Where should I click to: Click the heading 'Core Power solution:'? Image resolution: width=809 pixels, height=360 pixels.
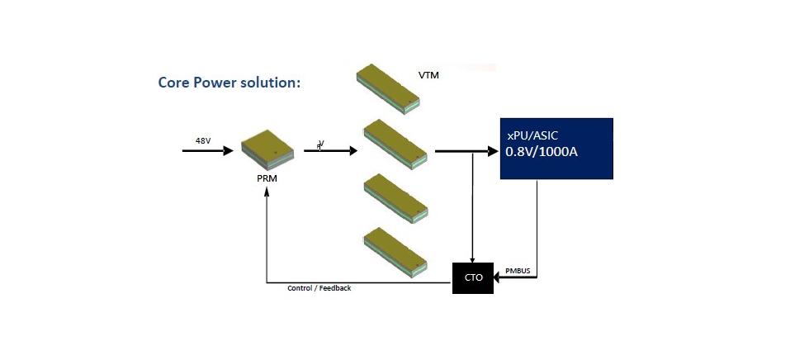coord(229,84)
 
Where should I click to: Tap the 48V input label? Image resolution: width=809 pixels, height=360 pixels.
coord(203,140)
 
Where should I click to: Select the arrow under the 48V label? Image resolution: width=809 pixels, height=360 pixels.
coord(208,151)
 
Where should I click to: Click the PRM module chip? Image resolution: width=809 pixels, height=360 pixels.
coord(268,148)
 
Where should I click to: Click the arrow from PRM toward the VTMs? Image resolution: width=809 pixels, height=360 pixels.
coord(330,151)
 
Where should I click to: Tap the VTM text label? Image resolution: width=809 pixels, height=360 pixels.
coord(428,77)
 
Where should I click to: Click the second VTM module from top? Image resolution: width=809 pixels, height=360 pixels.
coord(395,144)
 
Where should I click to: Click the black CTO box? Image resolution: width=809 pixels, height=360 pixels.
coord(472,277)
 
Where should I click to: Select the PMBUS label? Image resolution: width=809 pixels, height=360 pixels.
coord(518,270)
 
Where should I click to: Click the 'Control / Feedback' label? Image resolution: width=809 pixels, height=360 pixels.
coord(319,288)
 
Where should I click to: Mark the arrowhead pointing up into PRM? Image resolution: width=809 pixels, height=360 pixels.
coord(267,192)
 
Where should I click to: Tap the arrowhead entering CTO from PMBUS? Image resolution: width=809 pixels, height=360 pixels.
coord(499,277)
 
